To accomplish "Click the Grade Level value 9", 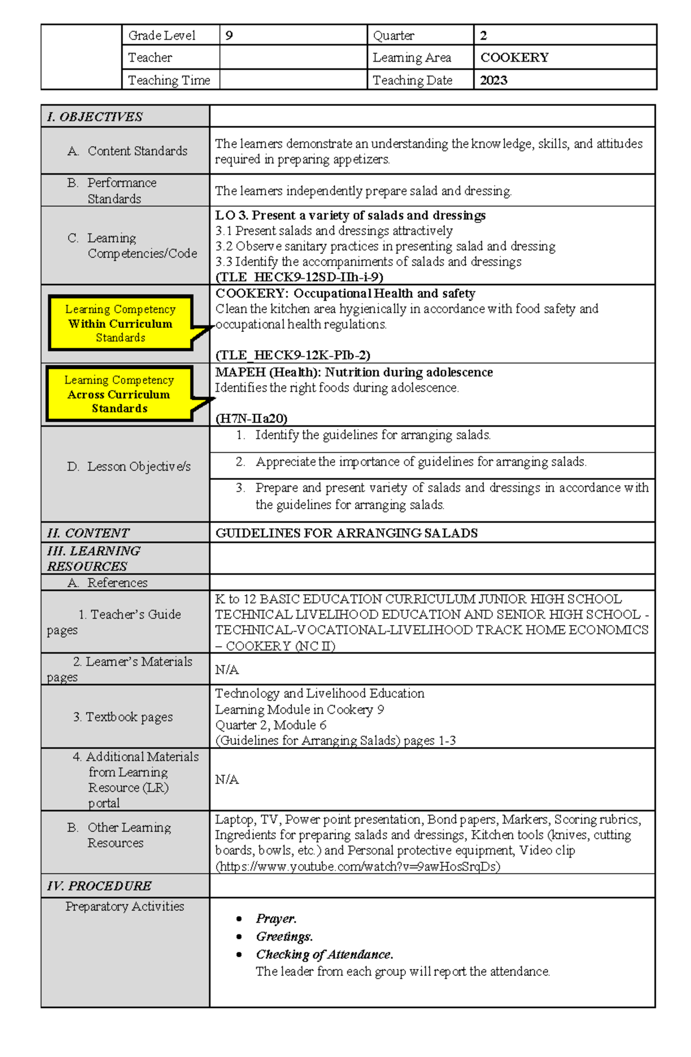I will click(x=229, y=36).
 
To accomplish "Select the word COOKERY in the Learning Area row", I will click(x=514, y=58).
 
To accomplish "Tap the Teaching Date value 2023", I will click(x=493, y=80).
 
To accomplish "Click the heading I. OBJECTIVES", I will click(x=95, y=117).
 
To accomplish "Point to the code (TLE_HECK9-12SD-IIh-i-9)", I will click(x=299, y=277).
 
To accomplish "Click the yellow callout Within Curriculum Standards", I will click(x=120, y=324).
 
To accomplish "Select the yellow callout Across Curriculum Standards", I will click(x=119, y=395).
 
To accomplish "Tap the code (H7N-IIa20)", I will click(x=251, y=418).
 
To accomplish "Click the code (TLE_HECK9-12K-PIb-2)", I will click(x=293, y=355).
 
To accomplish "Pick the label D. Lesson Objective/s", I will click(x=128, y=467).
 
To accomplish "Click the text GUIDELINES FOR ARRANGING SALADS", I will click(x=346, y=533).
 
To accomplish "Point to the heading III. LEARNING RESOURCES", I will click(x=93, y=558).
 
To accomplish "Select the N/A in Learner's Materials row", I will click(x=227, y=669).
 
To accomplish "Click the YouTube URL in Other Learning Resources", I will click(x=358, y=866).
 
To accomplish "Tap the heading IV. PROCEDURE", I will click(x=99, y=886).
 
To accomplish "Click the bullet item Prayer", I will click(x=276, y=919).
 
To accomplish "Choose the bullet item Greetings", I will click(x=284, y=937).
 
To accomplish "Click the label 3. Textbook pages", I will click(x=123, y=717).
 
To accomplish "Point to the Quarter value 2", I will click(x=484, y=36).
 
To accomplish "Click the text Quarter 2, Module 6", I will click(x=271, y=725).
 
